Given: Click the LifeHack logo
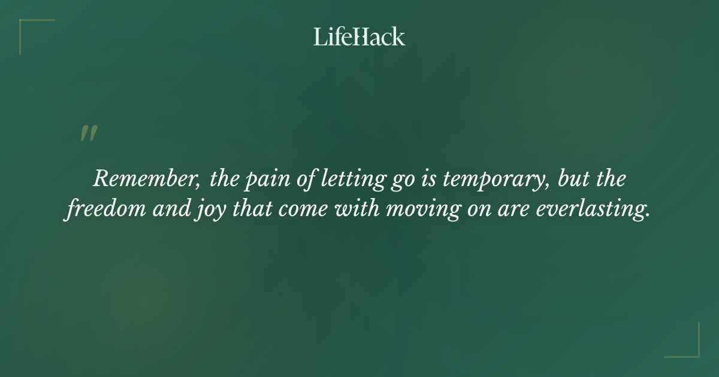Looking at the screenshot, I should click(359, 37).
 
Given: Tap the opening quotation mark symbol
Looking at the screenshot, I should click(88, 133).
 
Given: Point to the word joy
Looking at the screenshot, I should click(191, 211).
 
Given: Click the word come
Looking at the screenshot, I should click(281, 211).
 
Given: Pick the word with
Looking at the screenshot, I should click(333, 210).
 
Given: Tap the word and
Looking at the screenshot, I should click(152, 210).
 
